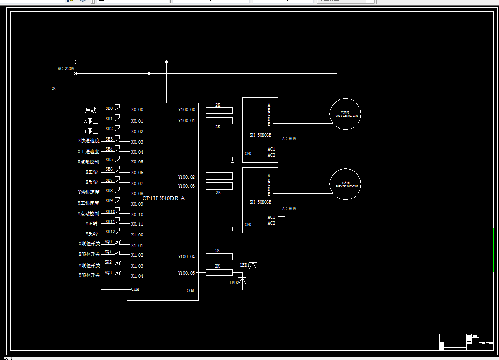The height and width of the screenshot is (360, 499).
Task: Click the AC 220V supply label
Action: (x=66, y=69)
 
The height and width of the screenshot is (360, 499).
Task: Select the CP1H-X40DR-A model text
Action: (x=163, y=198)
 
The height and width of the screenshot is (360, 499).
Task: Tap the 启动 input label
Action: (x=91, y=110)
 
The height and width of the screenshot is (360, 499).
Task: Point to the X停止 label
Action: (x=91, y=121)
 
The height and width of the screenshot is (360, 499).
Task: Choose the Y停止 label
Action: (x=91, y=131)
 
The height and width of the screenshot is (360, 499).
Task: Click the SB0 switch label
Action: (x=109, y=108)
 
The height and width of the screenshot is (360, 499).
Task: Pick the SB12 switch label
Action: (x=110, y=232)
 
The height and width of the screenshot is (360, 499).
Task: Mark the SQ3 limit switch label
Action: (x=108, y=273)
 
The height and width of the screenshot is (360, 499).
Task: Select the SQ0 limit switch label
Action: (x=108, y=242)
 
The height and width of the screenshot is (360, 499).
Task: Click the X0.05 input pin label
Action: (x=137, y=162)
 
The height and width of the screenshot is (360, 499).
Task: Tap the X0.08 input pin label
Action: (x=137, y=193)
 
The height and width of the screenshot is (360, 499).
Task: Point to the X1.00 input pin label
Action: (x=137, y=235)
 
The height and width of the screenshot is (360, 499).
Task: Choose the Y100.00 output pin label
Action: (x=186, y=110)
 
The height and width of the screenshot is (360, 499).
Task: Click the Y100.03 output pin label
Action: (x=186, y=186)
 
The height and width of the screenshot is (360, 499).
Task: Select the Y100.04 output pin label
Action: (x=186, y=257)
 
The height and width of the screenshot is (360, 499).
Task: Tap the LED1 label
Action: (x=244, y=265)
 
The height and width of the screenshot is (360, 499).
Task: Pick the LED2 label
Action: (x=234, y=282)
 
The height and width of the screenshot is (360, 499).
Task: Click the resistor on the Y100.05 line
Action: (x=219, y=272)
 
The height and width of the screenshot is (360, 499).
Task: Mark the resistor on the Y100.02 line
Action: (x=219, y=176)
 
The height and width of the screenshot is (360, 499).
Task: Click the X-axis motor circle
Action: (x=346, y=114)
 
